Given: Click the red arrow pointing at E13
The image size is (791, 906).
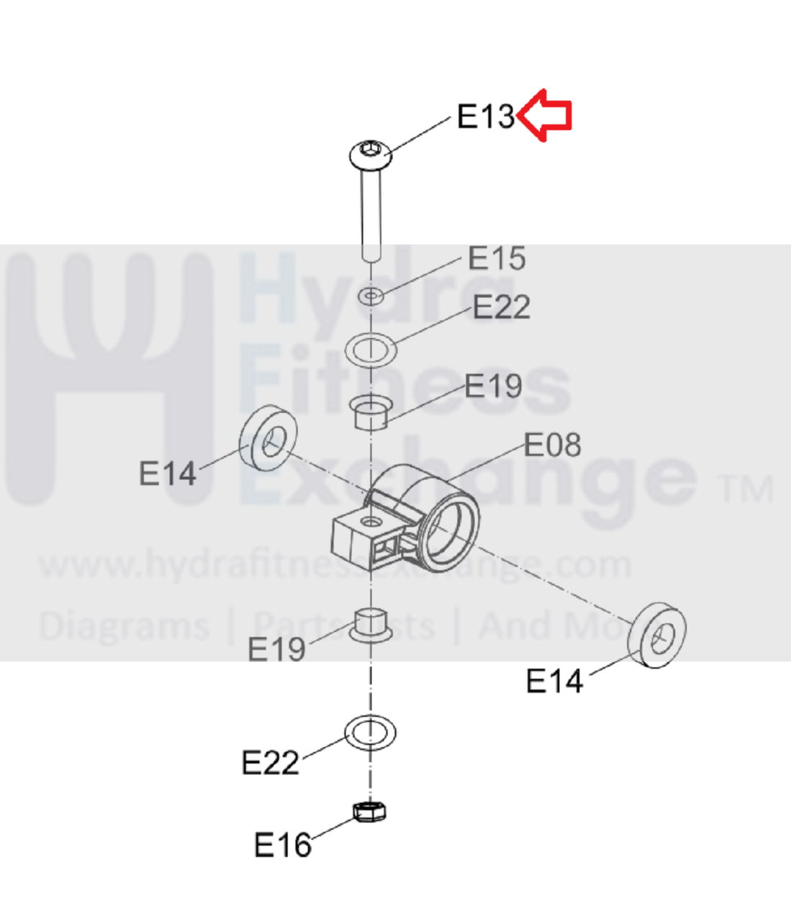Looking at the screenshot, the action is click(x=544, y=116).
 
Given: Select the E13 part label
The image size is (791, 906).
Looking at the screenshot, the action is click(x=485, y=117).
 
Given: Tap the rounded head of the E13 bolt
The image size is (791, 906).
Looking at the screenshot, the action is click(x=371, y=155).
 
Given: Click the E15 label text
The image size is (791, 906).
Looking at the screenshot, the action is click(x=497, y=258).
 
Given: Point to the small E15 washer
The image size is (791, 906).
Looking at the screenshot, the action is click(x=371, y=296).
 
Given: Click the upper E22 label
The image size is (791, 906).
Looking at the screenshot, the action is click(x=502, y=307).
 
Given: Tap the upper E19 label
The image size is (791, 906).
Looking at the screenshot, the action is click(x=493, y=385).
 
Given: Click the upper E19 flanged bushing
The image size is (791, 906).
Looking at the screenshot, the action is click(x=371, y=412).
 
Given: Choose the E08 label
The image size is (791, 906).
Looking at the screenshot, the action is click(x=552, y=444).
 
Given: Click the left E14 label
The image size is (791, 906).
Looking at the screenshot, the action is click(x=168, y=473).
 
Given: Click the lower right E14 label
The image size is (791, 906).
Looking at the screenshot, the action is click(x=554, y=681).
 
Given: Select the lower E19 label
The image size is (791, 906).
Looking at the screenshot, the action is click(x=276, y=649).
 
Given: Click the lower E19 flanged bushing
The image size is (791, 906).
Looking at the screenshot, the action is click(x=371, y=625).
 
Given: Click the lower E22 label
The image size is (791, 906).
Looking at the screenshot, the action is click(x=270, y=762).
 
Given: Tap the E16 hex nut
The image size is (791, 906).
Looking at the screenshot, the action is click(x=369, y=812).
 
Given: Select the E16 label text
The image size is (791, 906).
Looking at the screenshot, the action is click(x=283, y=844).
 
